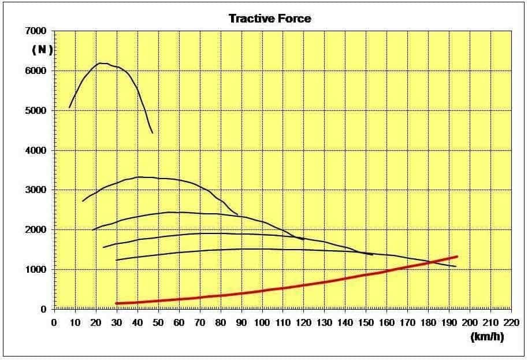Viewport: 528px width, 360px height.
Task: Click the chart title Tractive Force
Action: click(x=270, y=18)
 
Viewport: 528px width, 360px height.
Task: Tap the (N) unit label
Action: click(x=42, y=50)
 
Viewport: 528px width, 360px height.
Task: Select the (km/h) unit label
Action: click(x=486, y=337)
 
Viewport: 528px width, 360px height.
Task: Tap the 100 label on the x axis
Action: click(x=262, y=321)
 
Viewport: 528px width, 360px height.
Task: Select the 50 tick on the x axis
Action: click(x=158, y=321)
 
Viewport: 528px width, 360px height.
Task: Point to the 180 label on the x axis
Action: click(x=429, y=321)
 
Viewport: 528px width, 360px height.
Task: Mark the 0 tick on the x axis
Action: click(x=54, y=321)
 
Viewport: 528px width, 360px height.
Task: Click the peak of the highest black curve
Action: click(x=101, y=63)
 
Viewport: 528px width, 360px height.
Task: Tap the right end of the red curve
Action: click(x=457, y=257)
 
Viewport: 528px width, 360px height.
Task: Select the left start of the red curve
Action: click(x=116, y=303)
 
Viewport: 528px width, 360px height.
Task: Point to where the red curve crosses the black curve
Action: click(x=430, y=263)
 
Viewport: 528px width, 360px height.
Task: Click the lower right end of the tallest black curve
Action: click(x=153, y=133)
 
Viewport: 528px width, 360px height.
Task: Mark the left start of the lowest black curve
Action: click(x=117, y=260)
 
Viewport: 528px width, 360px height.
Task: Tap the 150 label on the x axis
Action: click(x=366, y=321)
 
